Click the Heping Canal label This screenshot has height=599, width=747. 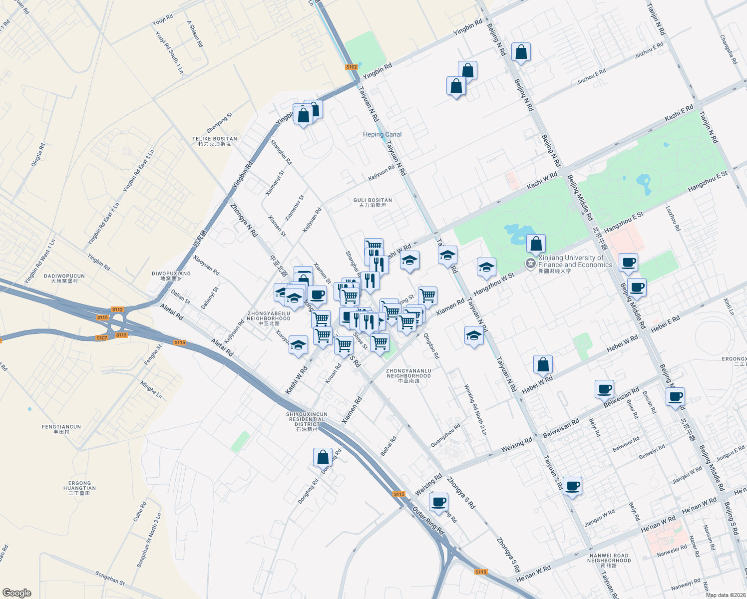(382, 134)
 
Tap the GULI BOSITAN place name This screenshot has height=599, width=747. (373, 202)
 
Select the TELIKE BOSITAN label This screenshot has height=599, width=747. (215, 141)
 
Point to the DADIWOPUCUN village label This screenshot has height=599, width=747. (64, 278)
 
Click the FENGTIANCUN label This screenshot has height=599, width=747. (61, 429)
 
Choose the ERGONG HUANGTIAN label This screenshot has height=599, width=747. (80, 488)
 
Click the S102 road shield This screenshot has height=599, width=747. (352, 67)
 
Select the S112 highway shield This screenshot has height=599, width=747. (117, 309)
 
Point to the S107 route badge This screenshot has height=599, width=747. (102, 338)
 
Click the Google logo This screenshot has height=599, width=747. (16, 593)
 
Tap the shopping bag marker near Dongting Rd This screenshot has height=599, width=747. (323, 457)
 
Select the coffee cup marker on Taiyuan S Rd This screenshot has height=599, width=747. (572, 486)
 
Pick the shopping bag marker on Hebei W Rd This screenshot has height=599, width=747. (543, 364)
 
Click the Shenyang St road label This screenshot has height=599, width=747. (220, 123)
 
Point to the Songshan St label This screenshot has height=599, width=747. (110, 578)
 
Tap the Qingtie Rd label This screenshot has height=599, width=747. (38, 155)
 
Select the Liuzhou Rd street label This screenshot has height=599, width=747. (673, 219)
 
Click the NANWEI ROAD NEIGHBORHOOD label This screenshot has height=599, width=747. (609, 560)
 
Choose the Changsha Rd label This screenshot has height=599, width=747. (729, 49)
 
